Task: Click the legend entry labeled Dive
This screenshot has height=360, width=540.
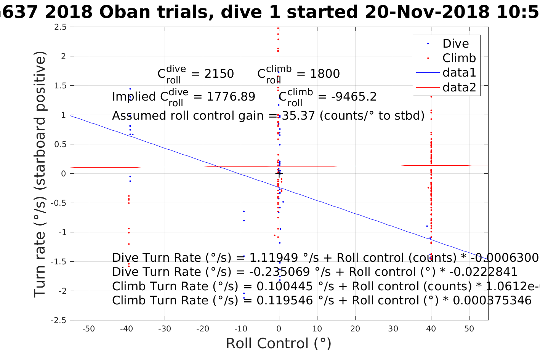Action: (x=455, y=43)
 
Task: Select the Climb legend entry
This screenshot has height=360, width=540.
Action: (x=459, y=58)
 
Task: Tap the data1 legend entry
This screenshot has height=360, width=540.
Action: (x=459, y=72)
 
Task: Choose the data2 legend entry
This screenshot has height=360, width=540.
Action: (x=459, y=87)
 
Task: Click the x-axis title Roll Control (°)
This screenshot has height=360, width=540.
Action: (x=279, y=343)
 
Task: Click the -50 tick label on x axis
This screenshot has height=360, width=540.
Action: (x=88, y=329)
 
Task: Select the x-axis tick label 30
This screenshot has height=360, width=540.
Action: (x=393, y=329)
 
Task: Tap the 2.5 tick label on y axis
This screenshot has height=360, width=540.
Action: (x=60, y=27)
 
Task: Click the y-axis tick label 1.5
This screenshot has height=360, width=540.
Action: (x=60, y=86)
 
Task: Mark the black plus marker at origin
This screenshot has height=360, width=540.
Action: (x=279, y=173)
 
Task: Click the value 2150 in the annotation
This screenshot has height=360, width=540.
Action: (x=219, y=74)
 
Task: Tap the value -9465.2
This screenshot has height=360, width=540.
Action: (x=354, y=97)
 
